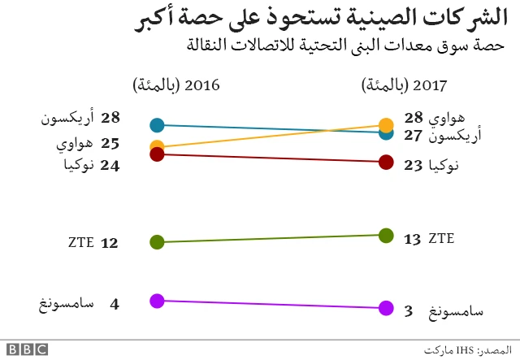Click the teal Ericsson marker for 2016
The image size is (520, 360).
point(158,125)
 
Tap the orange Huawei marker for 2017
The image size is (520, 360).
point(386,125)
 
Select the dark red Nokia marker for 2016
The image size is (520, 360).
point(158,154)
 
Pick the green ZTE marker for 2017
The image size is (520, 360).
point(386,236)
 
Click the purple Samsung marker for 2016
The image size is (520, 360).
point(158,301)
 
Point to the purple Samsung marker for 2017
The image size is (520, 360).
point(386,308)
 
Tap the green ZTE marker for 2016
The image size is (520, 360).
point(158,242)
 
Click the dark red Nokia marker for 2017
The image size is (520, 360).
point(386,163)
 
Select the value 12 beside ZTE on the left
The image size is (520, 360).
point(110,243)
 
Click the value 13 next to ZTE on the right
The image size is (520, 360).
point(412,239)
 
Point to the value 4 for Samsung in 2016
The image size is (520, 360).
point(115,304)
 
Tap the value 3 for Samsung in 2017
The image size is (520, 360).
point(409,310)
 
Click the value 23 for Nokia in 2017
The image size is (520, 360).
point(413,165)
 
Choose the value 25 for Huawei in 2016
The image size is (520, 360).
point(110,143)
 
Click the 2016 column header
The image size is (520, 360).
point(176,85)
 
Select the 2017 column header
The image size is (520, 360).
point(403,85)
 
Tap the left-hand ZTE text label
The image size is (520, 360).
point(82,243)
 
